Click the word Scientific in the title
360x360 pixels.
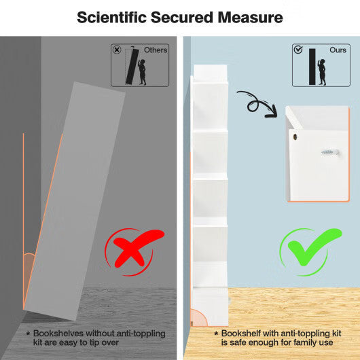[x=112, y=18]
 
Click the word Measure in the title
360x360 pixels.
[x=250, y=18]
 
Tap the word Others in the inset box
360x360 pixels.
[x=156, y=50]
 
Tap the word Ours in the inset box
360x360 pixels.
[x=338, y=50]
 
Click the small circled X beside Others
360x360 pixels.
[x=117, y=50]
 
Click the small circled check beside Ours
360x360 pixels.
[x=298, y=50]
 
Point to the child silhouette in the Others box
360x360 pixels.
[x=142, y=72]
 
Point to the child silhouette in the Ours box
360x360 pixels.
[x=322, y=72]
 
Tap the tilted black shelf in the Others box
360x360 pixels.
[x=132, y=66]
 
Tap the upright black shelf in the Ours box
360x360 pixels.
[x=312, y=67]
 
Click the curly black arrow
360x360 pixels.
[x=257, y=104]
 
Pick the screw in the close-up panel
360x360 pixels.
[x=330, y=152]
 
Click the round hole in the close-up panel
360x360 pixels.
[x=295, y=137]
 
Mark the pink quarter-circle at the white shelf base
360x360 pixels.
[x=198, y=318]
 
